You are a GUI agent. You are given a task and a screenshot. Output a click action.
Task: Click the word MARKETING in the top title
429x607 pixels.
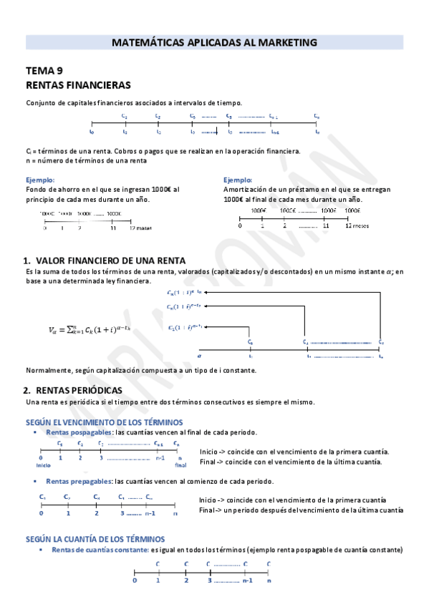tap(284, 43)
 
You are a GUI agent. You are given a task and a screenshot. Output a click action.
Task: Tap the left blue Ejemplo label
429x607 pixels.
tap(39, 180)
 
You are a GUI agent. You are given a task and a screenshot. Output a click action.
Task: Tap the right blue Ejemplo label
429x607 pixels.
tap(238, 180)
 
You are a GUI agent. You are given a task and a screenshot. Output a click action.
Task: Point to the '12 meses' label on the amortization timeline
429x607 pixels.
tap(357, 225)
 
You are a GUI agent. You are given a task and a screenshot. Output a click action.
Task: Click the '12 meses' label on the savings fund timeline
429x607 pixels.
tap(140, 228)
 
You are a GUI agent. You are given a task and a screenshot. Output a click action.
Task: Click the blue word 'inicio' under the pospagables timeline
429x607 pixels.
tap(42, 465)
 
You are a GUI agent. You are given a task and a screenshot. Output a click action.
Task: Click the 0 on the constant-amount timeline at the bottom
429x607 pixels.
tap(135, 581)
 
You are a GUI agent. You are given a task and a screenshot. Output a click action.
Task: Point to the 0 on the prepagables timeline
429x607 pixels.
tap(41, 513)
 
